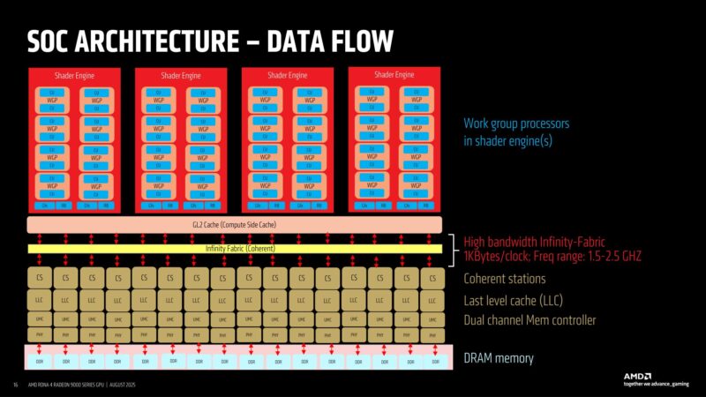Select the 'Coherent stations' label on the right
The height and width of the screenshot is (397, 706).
pyautogui.click(x=509, y=279)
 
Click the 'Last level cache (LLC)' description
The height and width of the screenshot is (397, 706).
pyautogui.click(x=522, y=300)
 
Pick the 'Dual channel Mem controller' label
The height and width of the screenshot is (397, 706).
pyautogui.click(x=530, y=320)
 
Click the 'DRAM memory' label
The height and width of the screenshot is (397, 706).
pyautogui.click(x=499, y=358)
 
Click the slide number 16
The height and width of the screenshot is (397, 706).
pyautogui.click(x=15, y=385)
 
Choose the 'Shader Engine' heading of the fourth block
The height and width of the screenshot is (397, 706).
pyautogui.click(x=394, y=75)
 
